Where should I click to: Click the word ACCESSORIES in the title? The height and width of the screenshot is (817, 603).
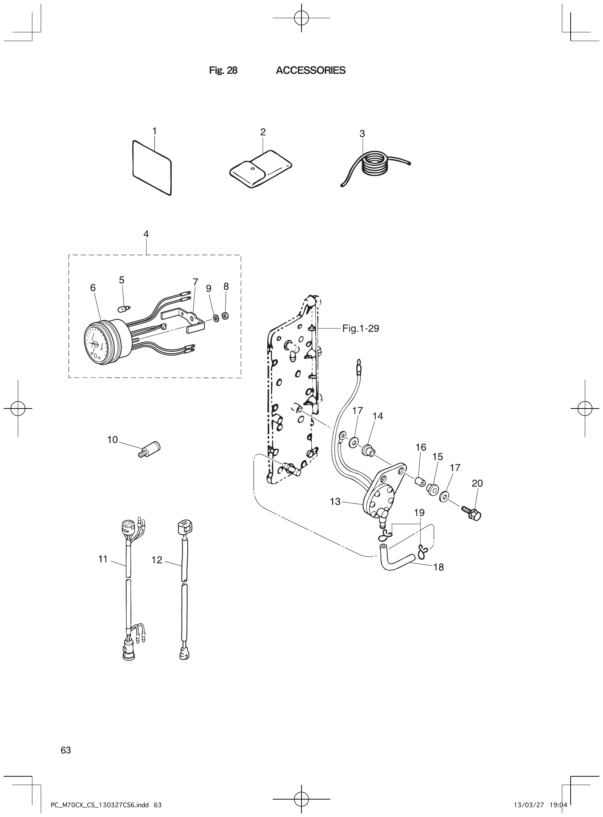310,71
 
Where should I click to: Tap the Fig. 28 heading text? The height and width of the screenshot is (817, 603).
223,71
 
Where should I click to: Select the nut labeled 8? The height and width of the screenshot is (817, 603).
225,315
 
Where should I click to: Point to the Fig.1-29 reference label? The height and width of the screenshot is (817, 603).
360,329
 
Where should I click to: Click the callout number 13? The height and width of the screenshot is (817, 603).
335,502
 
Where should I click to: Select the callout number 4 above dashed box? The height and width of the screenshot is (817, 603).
146,234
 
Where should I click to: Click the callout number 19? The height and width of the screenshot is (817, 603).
419,512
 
